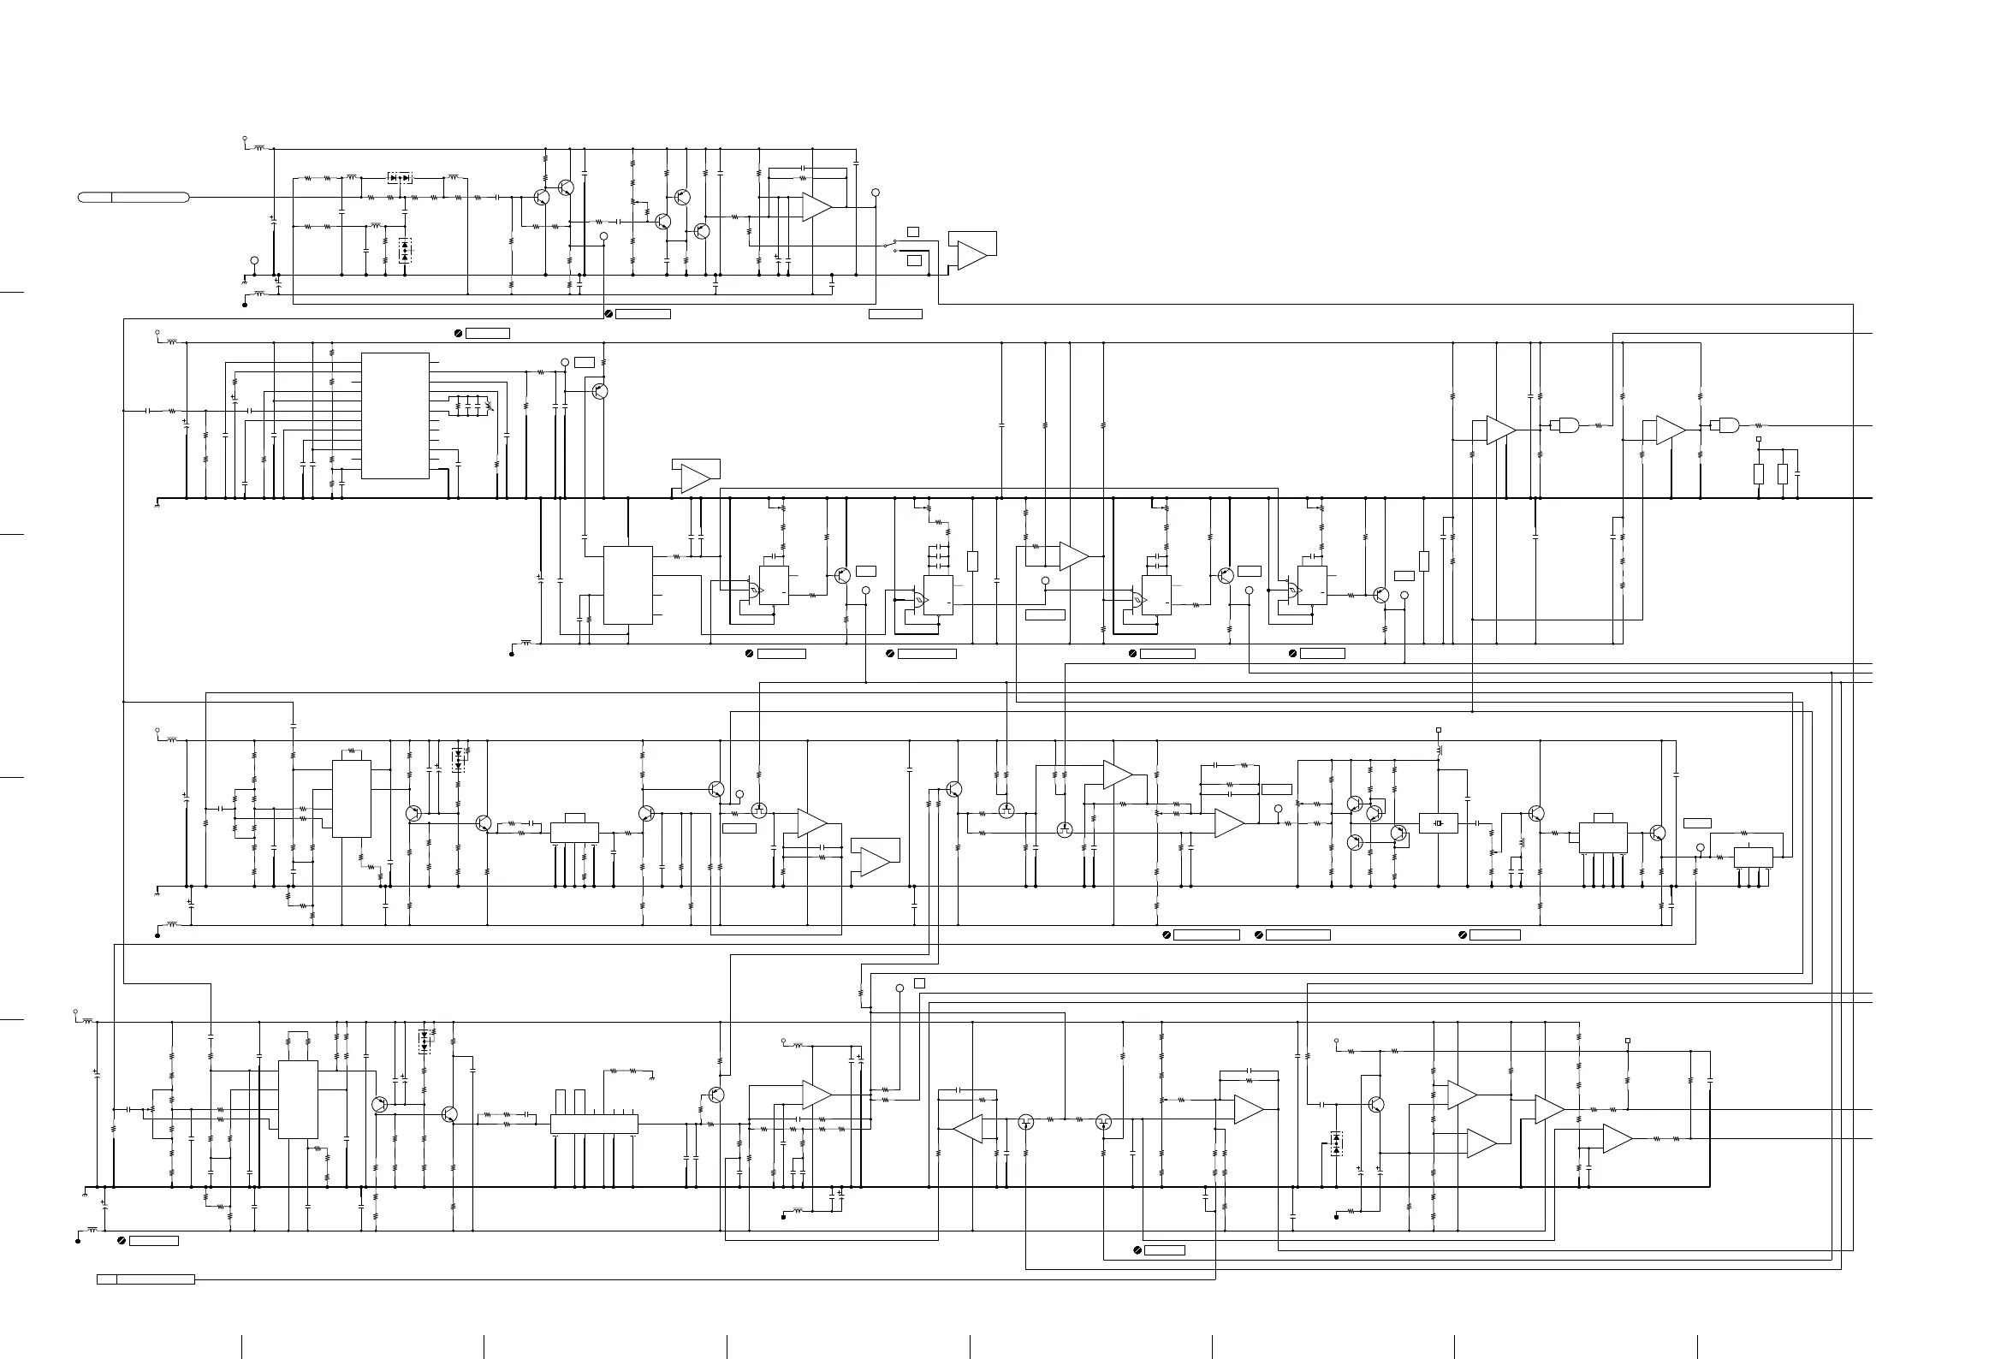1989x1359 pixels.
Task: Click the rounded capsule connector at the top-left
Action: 134,198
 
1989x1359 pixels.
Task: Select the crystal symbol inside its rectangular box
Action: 1438,823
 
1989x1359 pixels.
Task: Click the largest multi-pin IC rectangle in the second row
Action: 395,416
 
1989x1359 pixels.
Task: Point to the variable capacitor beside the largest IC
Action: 489,406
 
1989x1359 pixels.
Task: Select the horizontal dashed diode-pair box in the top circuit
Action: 400,178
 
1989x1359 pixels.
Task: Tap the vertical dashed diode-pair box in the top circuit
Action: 405,251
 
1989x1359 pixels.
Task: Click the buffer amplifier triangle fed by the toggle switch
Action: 971,255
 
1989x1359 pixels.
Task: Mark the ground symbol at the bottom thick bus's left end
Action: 86,1192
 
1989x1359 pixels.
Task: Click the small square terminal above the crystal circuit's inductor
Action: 1439,731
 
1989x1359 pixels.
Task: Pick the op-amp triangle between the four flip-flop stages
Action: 1072,556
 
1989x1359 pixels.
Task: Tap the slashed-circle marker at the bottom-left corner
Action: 122,1240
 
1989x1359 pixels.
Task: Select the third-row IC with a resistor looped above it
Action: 352,798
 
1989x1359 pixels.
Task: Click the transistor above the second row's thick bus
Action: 599,391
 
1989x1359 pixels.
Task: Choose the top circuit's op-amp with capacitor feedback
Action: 816,206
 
